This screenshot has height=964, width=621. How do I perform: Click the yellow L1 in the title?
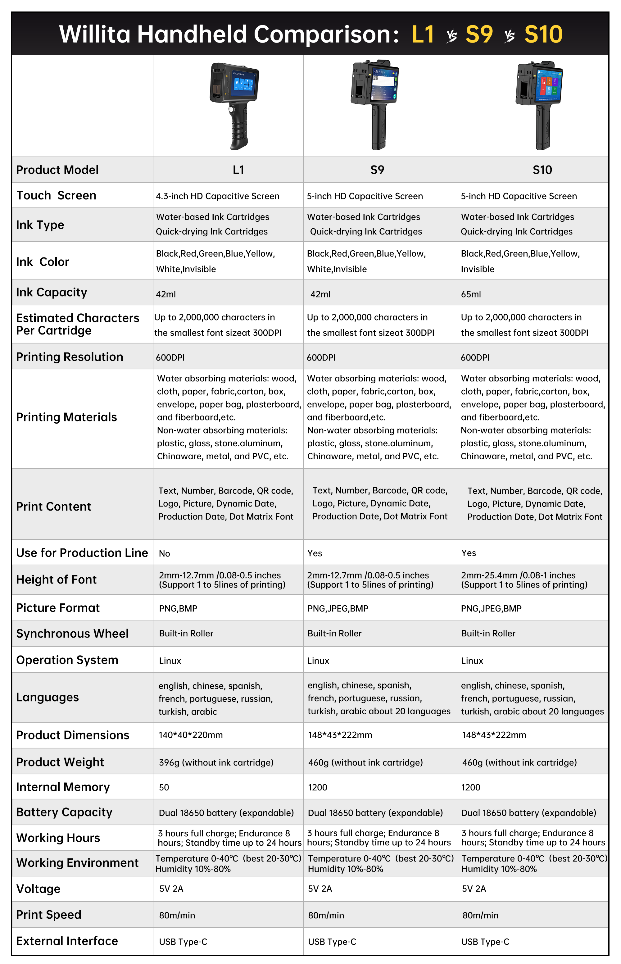point(423,34)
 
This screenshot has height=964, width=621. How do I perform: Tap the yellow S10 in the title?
point(543,34)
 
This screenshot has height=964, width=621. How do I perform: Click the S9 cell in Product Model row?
point(377,170)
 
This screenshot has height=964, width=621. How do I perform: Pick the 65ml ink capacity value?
point(471,294)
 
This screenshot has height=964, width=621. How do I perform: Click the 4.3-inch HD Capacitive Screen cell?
point(217,196)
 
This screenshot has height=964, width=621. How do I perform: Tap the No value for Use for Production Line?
point(164,553)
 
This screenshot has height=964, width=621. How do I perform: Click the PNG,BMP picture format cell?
point(178,608)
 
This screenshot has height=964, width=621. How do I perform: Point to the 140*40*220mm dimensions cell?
point(190,735)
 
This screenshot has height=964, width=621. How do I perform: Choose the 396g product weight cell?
point(216,762)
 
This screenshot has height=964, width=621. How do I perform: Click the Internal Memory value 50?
point(164,787)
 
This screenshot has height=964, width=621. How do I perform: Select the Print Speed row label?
point(49,915)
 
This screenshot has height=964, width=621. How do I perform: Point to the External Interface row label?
point(67,941)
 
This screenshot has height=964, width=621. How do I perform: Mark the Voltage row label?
point(38,889)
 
